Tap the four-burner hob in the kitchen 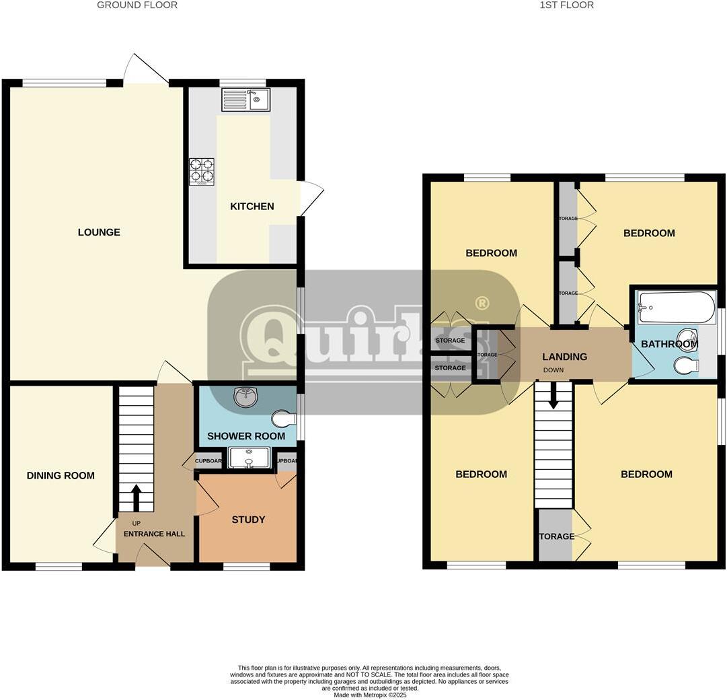pyautogui.click(x=202, y=172)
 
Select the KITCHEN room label pyautogui.click(x=252, y=207)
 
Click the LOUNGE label pyautogui.click(x=99, y=232)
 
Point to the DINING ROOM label pyautogui.click(x=61, y=476)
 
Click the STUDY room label pyautogui.click(x=248, y=520)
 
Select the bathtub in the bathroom pyautogui.click(x=676, y=308)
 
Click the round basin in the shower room pyautogui.click(x=247, y=398)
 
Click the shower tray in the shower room pyautogui.click(x=249, y=458)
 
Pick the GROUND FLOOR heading pyautogui.click(x=137, y=5)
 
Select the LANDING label pyautogui.click(x=564, y=357)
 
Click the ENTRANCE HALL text pyautogui.click(x=154, y=534)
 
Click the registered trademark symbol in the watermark pyautogui.click(x=482, y=304)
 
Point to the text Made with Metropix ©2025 pyautogui.click(x=370, y=695)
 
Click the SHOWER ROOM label pyautogui.click(x=246, y=436)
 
